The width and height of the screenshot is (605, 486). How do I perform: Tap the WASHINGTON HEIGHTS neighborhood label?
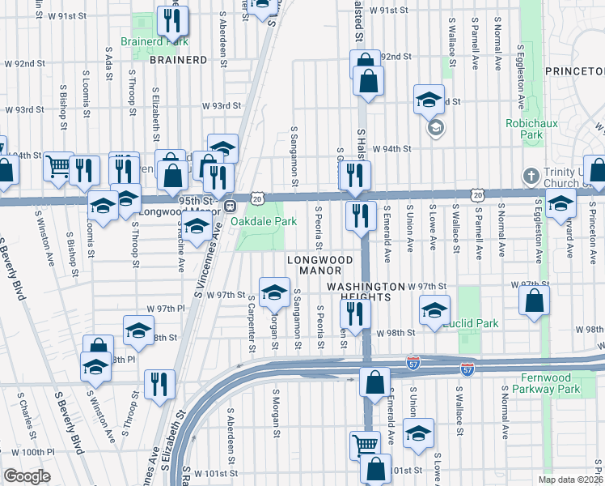pyautogui.click(x=364, y=292)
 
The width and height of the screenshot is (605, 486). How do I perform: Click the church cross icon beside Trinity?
pyautogui.click(x=531, y=175)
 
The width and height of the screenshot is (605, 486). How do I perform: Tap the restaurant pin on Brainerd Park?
pyautogui.click(x=171, y=20)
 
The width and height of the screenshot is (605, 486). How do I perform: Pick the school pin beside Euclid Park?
pyautogui.click(x=434, y=310)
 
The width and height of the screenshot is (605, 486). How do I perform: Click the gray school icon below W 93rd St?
pyautogui.click(x=434, y=128)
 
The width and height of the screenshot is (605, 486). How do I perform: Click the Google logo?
pyautogui.click(x=27, y=476)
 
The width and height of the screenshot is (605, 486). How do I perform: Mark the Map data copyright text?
pyautogui.click(x=570, y=480)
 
